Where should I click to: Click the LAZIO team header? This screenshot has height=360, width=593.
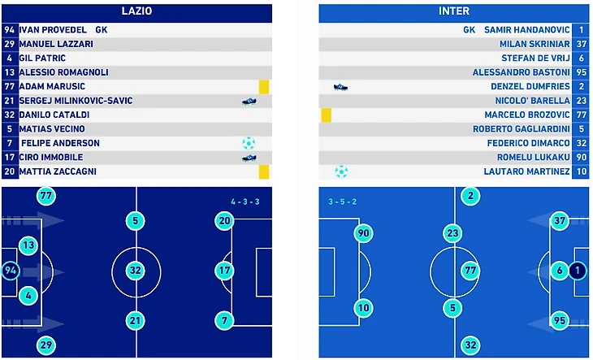(136, 11)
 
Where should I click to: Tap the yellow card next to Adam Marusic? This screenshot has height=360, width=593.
(263, 87)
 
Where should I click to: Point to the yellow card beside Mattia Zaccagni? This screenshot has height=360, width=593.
(263, 171)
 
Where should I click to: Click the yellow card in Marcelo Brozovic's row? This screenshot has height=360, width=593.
(326, 115)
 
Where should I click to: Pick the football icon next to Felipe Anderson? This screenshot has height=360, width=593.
(249, 143)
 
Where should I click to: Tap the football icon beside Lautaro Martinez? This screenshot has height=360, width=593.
(341, 171)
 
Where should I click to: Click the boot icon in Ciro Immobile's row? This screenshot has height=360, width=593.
(249, 158)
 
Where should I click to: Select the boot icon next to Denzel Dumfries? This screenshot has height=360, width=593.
(340, 87)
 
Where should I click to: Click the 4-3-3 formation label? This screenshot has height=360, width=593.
(243, 201)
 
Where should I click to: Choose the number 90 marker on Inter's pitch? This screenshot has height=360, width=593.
(363, 234)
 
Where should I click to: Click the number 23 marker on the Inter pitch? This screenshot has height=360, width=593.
(453, 234)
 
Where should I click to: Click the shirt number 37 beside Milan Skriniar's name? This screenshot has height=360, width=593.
(580, 44)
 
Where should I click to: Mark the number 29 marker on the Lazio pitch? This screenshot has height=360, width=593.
(46, 345)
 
